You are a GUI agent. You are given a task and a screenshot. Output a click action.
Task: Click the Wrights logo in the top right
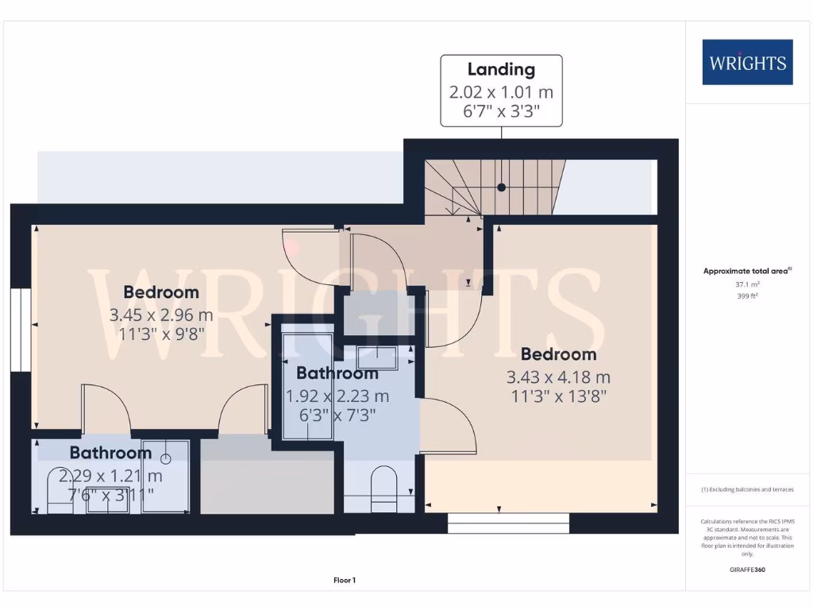[x=747, y=62]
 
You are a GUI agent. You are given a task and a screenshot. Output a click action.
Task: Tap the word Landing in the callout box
[x=501, y=70]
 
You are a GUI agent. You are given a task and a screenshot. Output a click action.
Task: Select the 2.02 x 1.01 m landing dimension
[x=501, y=91]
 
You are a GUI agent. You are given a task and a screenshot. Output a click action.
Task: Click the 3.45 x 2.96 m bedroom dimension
[x=161, y=315]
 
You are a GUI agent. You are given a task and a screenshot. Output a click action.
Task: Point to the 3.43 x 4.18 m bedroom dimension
[x=559, y=377]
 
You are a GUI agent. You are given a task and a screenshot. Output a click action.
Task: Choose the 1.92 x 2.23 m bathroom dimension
[x=337, y=395]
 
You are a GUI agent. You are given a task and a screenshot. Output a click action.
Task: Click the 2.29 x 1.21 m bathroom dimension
[x=115, y=476]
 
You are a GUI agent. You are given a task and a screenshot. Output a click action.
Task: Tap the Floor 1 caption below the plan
[x=344, y=581]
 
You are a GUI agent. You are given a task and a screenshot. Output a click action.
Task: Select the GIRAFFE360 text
[x=747, y=569]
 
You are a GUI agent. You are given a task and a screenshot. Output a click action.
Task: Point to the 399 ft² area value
[x=747, y=295]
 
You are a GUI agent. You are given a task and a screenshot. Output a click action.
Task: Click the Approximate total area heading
[x=746, y=271]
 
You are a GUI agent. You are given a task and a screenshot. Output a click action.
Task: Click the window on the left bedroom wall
[x=17, y=329]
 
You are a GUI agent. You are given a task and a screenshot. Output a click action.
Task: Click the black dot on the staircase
[x=502, y=187]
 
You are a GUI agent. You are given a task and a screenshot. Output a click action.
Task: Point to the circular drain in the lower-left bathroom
[x=166, y=458]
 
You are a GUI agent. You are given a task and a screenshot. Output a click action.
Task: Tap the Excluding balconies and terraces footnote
[x=747, y=489]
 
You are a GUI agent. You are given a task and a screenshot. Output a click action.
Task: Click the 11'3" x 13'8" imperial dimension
[x=559, y=396]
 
